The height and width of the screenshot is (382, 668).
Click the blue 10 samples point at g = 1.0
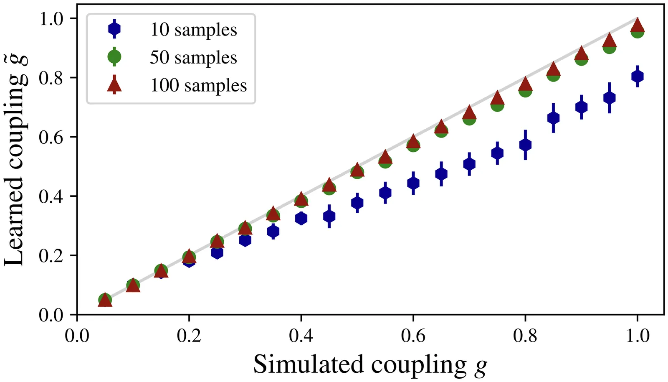(x=637, y=76)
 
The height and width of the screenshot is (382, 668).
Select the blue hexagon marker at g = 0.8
(x=525, y=145)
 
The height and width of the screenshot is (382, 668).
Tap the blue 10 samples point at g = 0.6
(x=413, y=183)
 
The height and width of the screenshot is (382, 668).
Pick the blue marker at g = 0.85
(x=553, y=118)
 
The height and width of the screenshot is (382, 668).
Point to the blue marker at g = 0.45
(x=329, y=216)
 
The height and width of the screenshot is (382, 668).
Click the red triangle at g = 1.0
(x=637, y=26)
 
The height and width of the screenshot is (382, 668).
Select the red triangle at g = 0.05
(x=105, y=300)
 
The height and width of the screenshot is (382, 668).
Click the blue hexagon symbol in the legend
(x=114, y=29)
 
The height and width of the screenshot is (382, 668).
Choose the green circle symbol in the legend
(x=114, y=57)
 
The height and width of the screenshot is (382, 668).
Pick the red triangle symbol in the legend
(x=114, y=85)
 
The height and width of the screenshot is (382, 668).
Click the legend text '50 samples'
(x=193, y=57)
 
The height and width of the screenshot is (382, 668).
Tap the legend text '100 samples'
(x=198, y=85)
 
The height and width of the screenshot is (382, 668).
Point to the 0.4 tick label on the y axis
(x=51, y=196)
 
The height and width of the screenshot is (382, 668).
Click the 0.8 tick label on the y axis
(x=51, y=78)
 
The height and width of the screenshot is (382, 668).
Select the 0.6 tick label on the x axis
(x=413, y=336)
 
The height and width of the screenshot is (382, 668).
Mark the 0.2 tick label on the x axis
(x=189, y=336)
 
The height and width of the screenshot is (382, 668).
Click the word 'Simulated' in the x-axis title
(x=309, y=364)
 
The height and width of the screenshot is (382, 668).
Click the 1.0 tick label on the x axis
(x=638, y=336)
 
